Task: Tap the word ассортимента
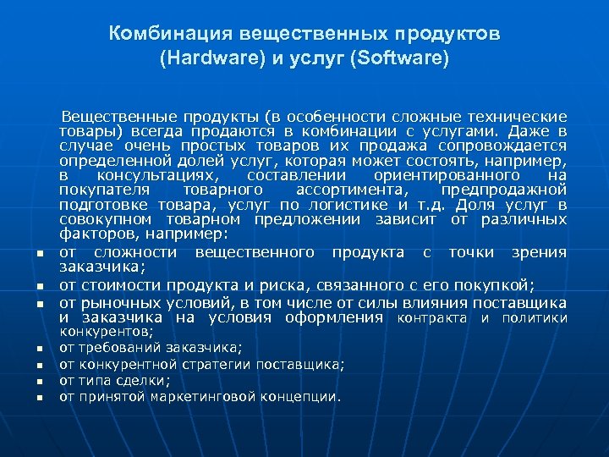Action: [360, 190]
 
